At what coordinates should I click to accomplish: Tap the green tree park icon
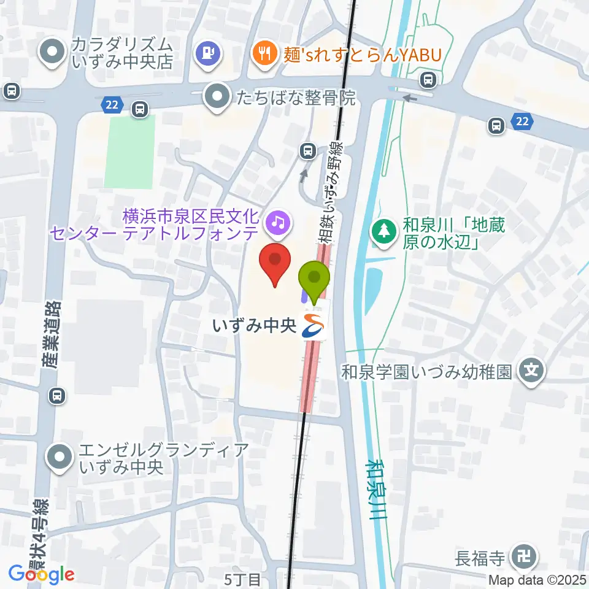tap(383, 233)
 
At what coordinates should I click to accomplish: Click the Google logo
tap(42, 574)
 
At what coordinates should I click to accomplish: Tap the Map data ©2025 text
tap(537, 579)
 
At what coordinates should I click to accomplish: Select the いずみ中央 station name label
tap(254, 326)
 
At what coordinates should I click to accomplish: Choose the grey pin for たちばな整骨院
tap(217, 96)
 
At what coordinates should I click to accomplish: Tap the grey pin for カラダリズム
tap(53, 54)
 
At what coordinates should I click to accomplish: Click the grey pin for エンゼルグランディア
tap(60, 458)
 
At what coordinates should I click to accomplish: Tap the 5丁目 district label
tap(243, 579)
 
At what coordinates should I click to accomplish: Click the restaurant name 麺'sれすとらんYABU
tap(363, 55)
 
